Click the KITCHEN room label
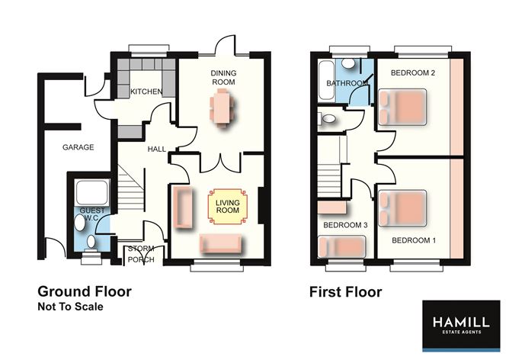[146, 92]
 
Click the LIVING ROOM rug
[227, 207]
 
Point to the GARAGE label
[78, 147]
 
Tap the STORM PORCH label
[141, 254]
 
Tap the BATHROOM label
[342, 83]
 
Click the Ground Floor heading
[85, 291]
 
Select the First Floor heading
[345, 291]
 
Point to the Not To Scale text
[70, 307]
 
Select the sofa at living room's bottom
[221, 243]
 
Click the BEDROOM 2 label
[412, 73]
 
